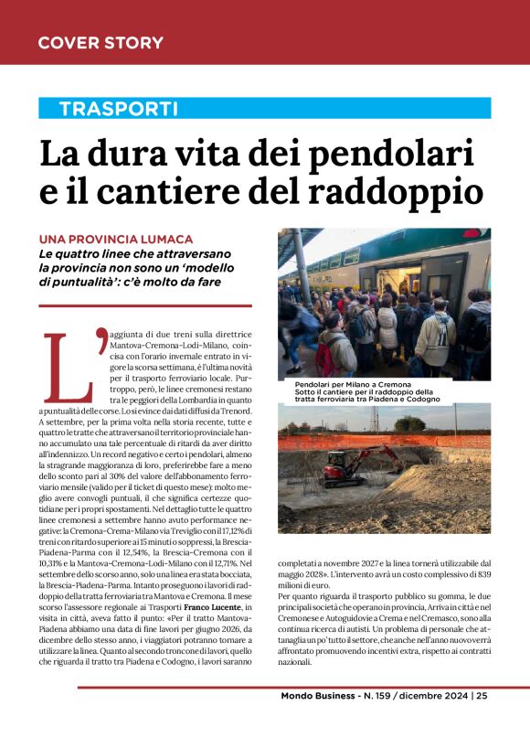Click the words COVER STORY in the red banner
(x=101, y=43)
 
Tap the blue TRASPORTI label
(x=118, y=109)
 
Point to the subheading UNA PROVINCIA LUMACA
(x=115, y=239)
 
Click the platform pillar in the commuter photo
(x=301, y=265)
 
